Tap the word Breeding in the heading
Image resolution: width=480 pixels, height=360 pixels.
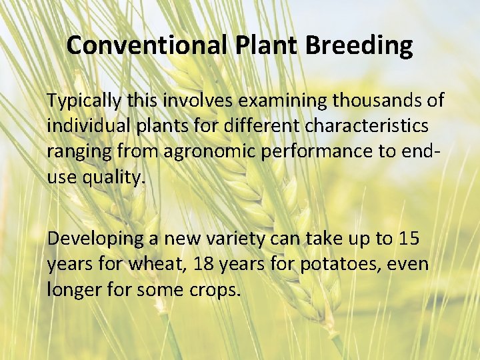359,45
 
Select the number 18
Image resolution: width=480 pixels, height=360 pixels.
203,263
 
